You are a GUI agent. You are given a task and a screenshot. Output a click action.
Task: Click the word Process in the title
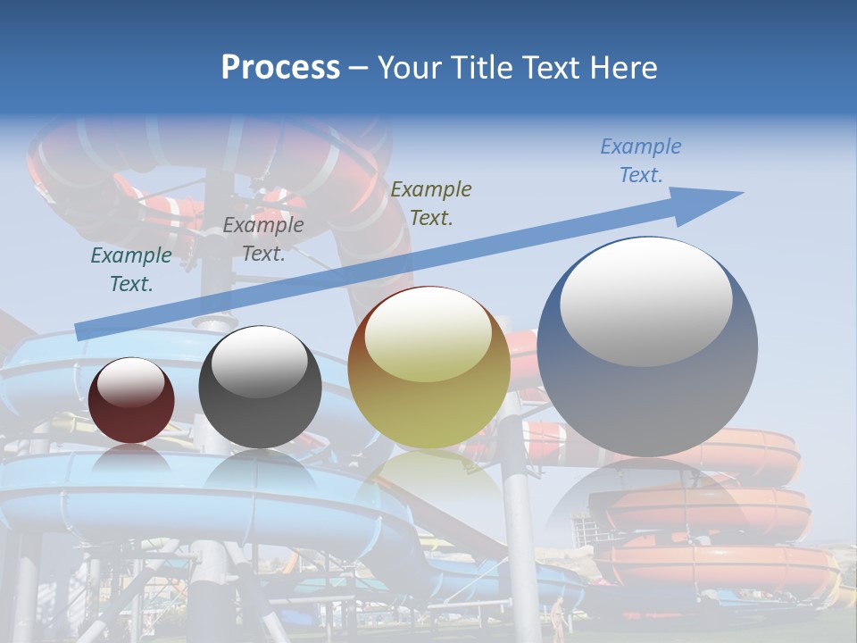pos(280,68)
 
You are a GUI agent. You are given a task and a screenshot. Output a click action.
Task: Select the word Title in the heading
pos(480,68)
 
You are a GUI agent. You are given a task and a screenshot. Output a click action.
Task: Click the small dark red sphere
pos(131,411)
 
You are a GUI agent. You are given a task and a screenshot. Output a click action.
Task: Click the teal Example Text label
pos(131,270)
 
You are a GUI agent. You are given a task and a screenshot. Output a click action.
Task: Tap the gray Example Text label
pos(263,239)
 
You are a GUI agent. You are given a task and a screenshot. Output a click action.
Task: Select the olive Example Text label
pos(431,203)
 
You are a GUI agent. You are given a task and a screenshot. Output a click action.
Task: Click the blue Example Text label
pos(640,161)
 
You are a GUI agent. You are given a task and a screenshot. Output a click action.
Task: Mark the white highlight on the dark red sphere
pos(131,382)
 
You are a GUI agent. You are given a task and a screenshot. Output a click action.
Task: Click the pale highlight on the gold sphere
pos(428,335)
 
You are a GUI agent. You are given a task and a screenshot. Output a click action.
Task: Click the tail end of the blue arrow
pos(79,332)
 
